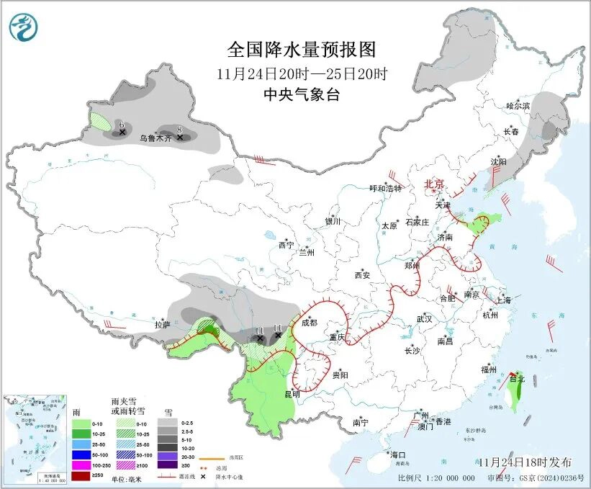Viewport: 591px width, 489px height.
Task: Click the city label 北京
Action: click(x=434, y=184)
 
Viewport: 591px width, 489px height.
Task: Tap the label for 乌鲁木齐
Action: click(x=156, y=137)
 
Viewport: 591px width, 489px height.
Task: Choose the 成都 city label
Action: click(x=310, y=323)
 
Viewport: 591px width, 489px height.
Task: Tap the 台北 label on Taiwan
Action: click(x=517, y=378)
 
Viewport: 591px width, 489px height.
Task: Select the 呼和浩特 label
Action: click(x=386, y=189)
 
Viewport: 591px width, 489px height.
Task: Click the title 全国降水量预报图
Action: click(x=302, y=50)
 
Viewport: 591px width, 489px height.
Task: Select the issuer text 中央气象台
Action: click(x=301, y=94)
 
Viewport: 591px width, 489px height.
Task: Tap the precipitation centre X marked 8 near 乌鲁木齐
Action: click(x=180, y=136)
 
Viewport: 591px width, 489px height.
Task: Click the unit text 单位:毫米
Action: click(x=124, y=478)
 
